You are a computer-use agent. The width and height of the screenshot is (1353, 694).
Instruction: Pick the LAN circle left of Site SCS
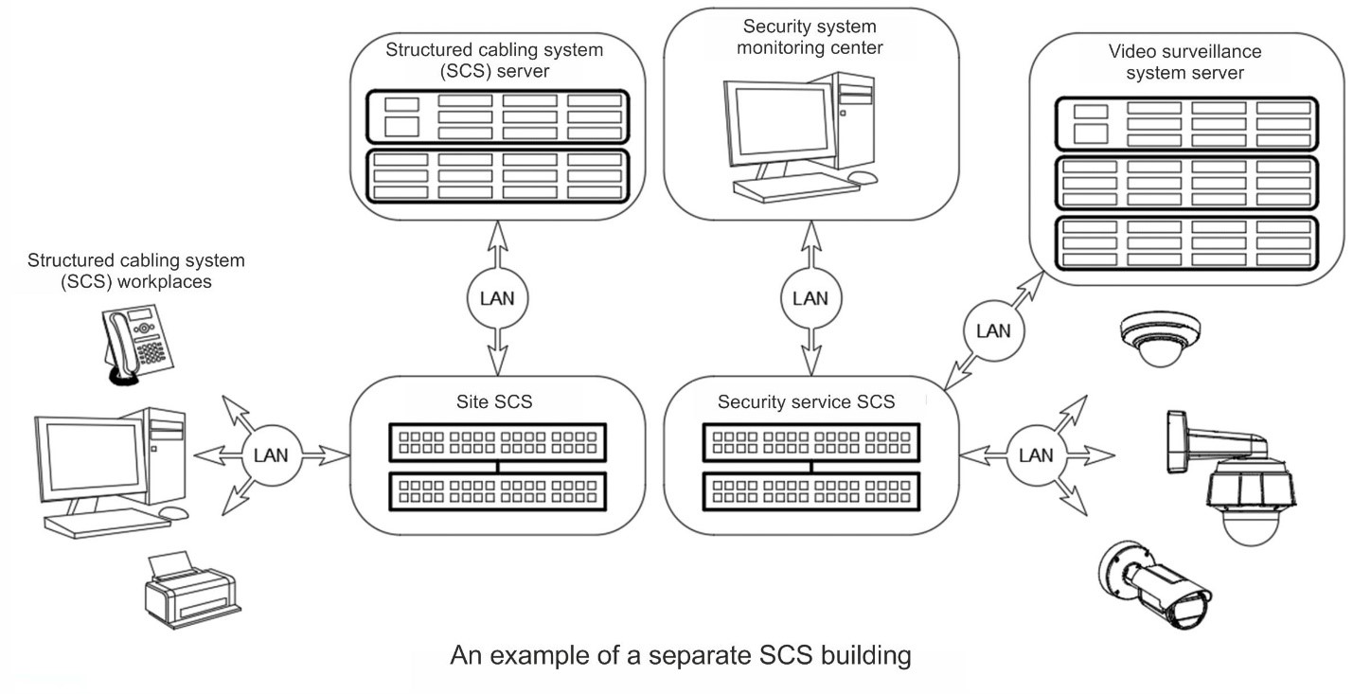point(271,454)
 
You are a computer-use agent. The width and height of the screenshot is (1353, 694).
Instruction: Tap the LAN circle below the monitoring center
point(810,299)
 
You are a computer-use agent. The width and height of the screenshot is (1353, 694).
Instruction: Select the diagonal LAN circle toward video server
point(993,330)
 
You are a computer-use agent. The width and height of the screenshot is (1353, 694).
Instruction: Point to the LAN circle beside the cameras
point(1035,454)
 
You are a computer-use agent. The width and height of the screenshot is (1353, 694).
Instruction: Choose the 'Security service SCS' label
point(806,401)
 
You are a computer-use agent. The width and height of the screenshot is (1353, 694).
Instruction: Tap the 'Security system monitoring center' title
point(810,37)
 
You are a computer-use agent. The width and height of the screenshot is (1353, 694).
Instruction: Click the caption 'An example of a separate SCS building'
point(681,656)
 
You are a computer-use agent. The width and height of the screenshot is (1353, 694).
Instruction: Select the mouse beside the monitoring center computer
point(863,177)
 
